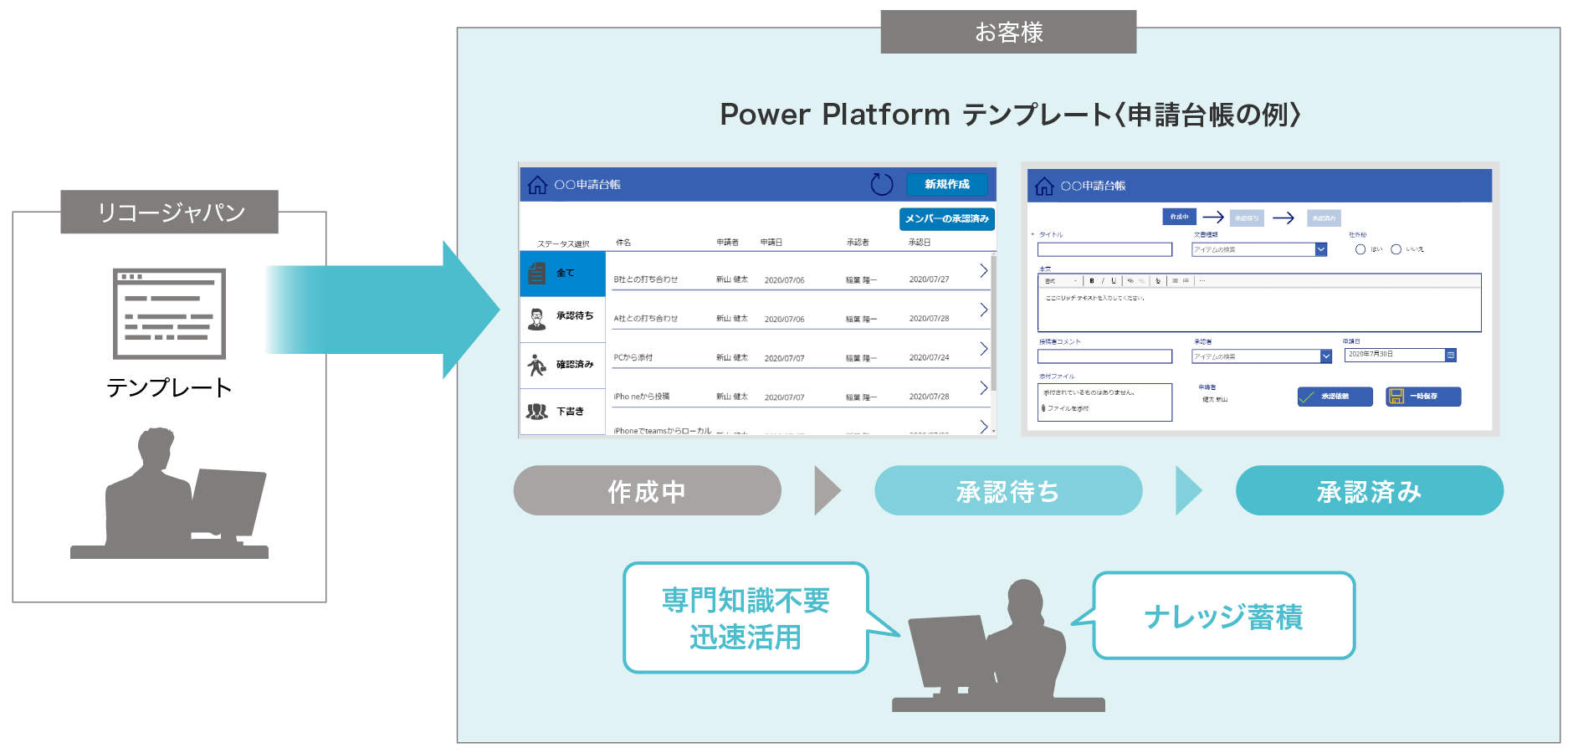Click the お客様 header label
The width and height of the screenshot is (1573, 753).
tap(1008, 33)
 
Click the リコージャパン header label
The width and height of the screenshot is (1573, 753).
tap(170, 213)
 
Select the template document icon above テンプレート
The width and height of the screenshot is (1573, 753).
tap(169, 313)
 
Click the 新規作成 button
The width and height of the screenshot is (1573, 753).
tap(946, 184)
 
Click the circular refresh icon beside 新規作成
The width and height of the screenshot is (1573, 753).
tap(882, 184)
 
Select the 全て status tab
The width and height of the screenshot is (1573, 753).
tap(562, 273)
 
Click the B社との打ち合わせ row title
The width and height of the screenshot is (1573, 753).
tap(646, 279)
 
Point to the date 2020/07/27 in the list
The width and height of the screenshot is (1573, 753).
tap(929, 279)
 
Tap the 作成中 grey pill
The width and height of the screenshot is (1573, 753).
tap(647, 491)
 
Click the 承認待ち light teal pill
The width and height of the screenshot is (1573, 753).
tap(1008, 491)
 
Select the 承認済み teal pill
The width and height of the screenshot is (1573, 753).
tap(1369, 491)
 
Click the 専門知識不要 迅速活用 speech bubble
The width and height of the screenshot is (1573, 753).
tap(746, 618)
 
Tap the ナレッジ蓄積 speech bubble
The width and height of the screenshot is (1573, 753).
tap(1223, 617)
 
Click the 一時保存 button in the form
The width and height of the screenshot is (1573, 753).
tap(1423, 397)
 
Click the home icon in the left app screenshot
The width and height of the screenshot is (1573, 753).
tap(537, 185)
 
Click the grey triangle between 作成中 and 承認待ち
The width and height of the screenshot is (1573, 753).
tap(827, 491)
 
